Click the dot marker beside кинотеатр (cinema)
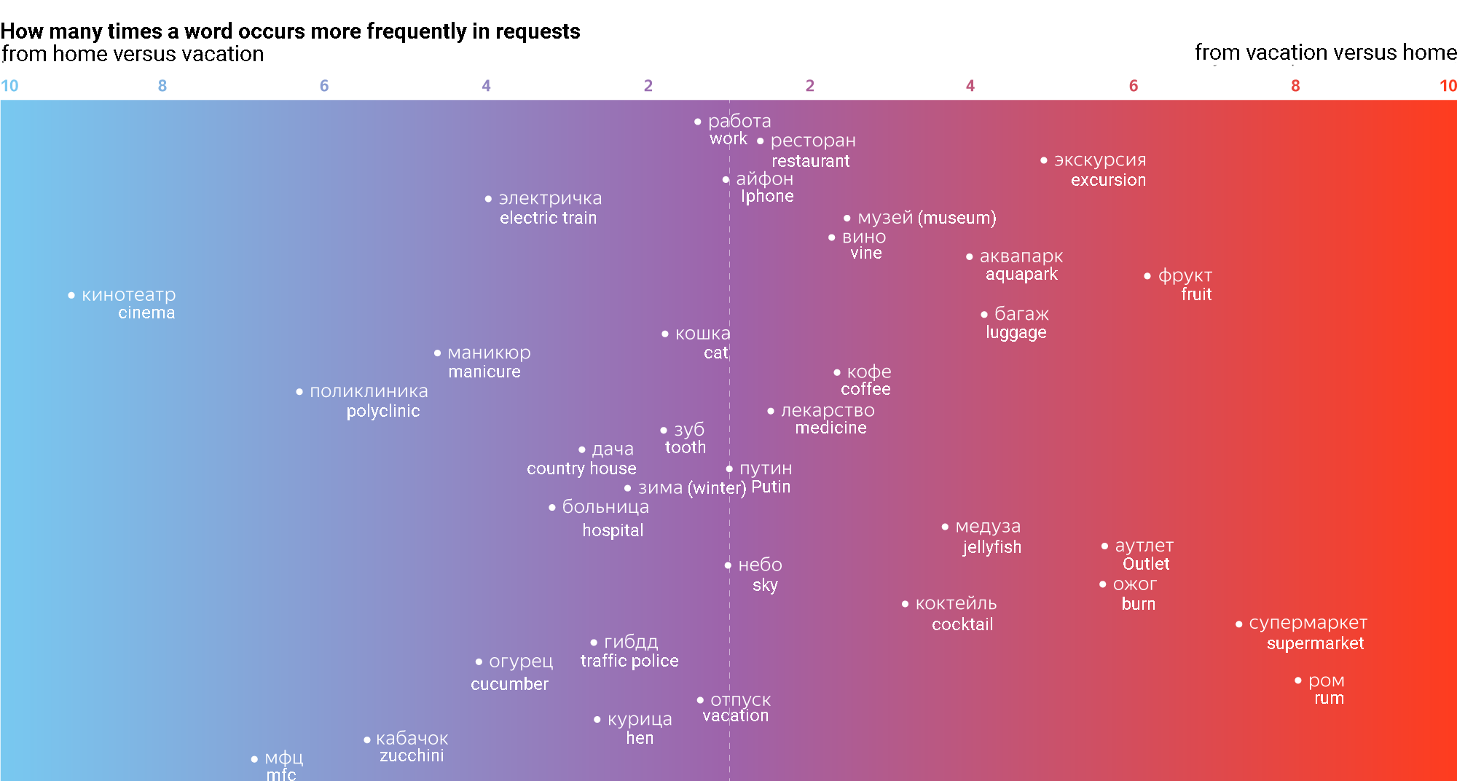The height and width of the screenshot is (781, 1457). pos(71,296)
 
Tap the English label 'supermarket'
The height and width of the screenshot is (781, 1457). pos(1315,643)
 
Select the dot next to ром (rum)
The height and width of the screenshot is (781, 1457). pos(1297,680)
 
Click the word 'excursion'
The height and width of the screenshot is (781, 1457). pos(1108,180)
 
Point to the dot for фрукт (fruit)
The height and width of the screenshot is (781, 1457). pos(1147,276)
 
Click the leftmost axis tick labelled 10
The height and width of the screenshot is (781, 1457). pos(9,86)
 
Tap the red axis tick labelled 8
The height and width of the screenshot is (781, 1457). pos(1295,86)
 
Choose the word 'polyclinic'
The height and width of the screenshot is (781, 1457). pos(383,411)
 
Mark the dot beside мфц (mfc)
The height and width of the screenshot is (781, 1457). pos(254,759)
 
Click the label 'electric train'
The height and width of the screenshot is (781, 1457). pos(548,218)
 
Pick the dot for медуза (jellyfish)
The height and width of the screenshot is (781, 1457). pos(945,527)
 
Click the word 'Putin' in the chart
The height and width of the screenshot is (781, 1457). pos(771,487)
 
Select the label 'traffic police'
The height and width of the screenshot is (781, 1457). pos(629,661)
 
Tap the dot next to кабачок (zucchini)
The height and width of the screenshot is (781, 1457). pos(367,740)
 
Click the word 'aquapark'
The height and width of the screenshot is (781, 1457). pos(1021,275)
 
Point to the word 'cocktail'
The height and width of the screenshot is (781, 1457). pos(962,624)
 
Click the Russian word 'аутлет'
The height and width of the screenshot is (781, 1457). pos(1144,546)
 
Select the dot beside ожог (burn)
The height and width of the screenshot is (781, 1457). pos(1103,584)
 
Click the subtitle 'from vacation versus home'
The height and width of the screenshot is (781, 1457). pos(1325,52)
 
